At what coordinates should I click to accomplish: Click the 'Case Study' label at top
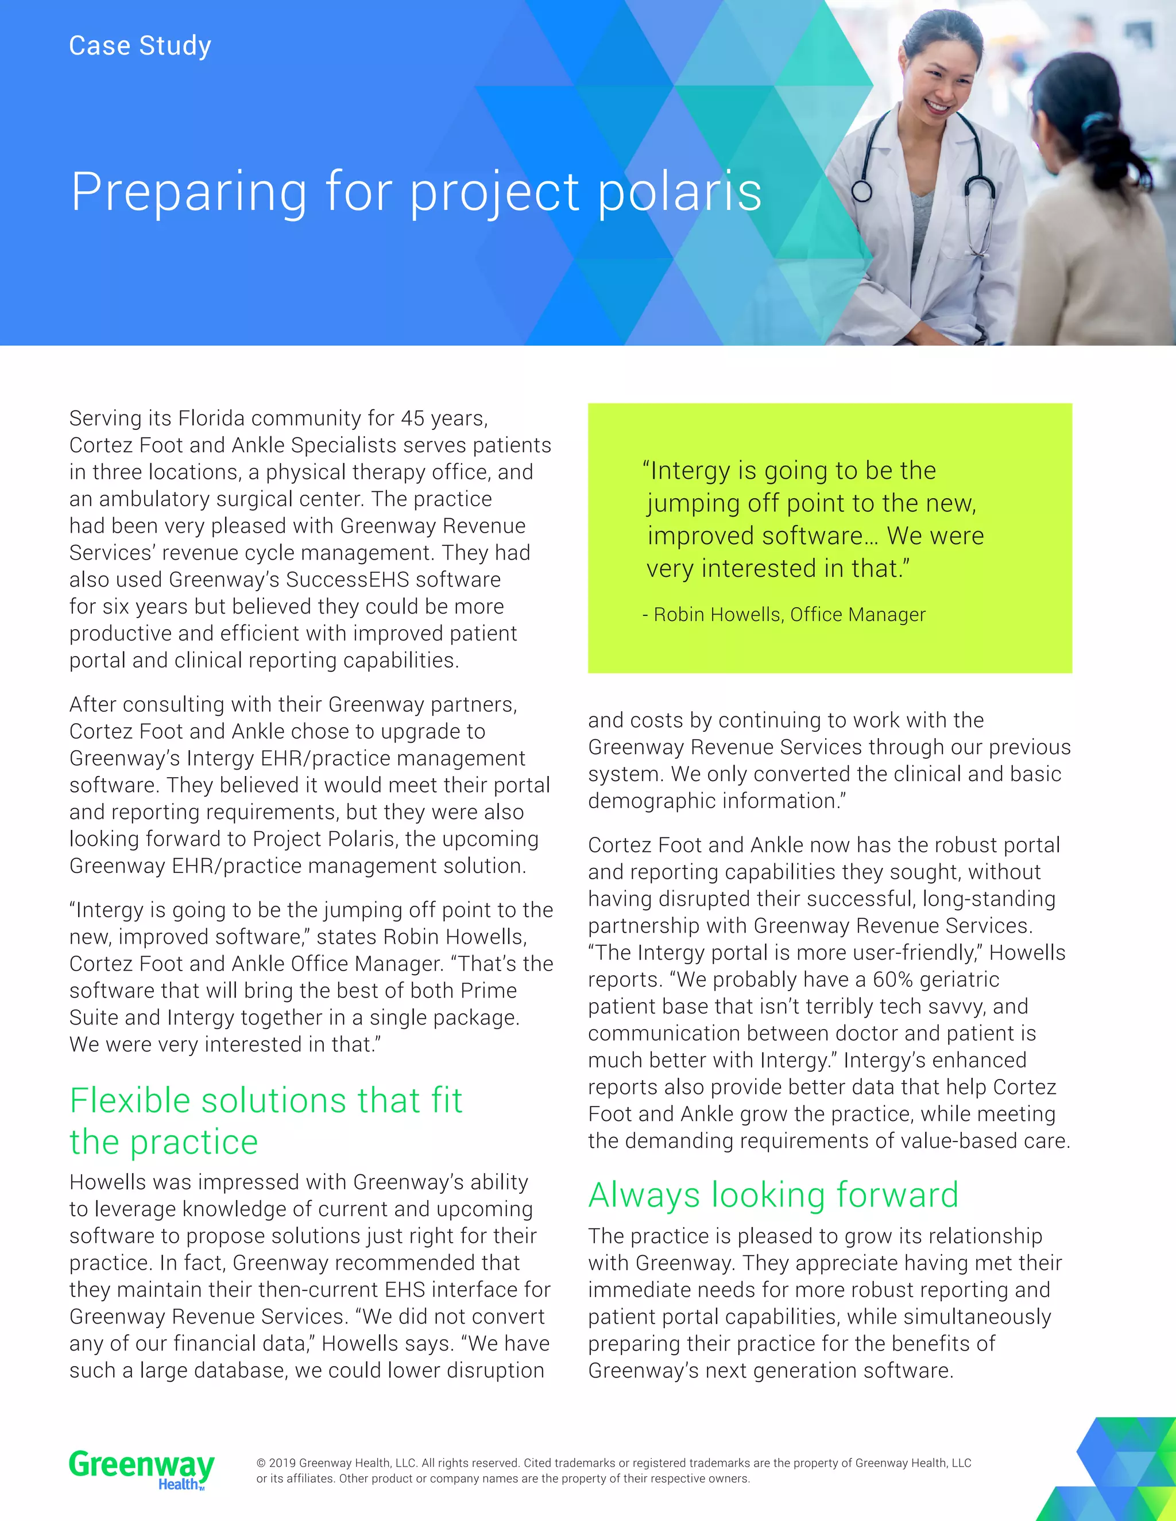coord(140,46)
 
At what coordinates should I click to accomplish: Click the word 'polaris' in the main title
coord(680,192)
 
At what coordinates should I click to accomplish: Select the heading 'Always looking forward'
coord(773,1195)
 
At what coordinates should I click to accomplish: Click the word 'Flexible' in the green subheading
coord(130,1101)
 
